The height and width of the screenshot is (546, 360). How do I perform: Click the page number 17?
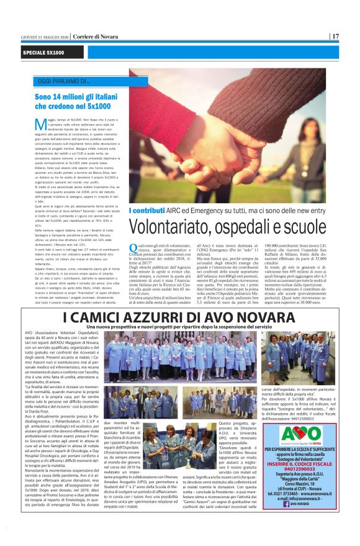pos(335,37)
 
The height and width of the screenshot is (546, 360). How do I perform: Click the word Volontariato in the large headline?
pos(171,224)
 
